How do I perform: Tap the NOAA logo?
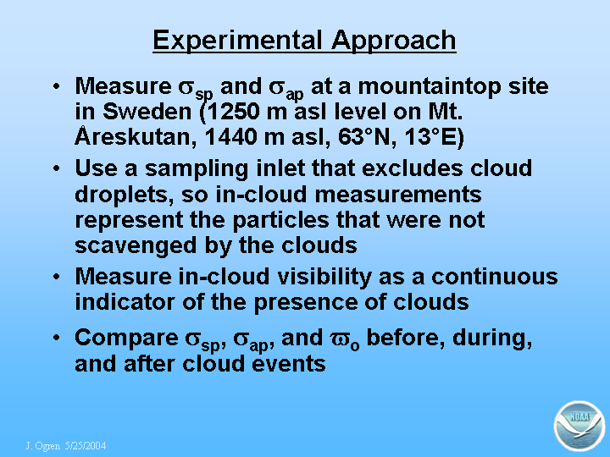click(579, 426)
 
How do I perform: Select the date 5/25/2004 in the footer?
click(86, 445)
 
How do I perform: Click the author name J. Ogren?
click(43, 446)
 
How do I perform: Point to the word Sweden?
click(147, 112)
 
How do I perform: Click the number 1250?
click(233, 112)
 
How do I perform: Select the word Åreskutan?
click(133, 135)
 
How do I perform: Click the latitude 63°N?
click(363, 137)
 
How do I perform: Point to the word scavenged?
click(136, 247)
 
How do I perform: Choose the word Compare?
click(126, 339)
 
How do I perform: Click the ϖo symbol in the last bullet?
click(345, 340)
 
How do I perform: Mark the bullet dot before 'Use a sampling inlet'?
click(57, 168)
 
